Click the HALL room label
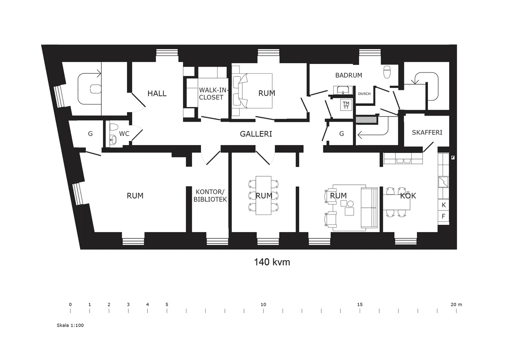coord(157,93)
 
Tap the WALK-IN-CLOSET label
coord(211,93)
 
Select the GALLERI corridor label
coord(256,134)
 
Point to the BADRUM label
coord(349,75)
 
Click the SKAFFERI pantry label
coord(427,132)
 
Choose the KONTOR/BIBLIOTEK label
coord(210,195)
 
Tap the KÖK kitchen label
coord(408,196)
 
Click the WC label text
coord(124,134)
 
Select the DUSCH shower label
coord(364,94)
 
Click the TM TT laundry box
coord(346,105)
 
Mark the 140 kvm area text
coord(272,262)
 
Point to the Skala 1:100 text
coord(70,325)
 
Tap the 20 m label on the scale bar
coord(456,305)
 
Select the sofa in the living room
coord(369,208)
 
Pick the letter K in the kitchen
coord(444,205)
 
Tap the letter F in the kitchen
coord(444,216)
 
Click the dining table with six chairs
coord(264,195)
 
